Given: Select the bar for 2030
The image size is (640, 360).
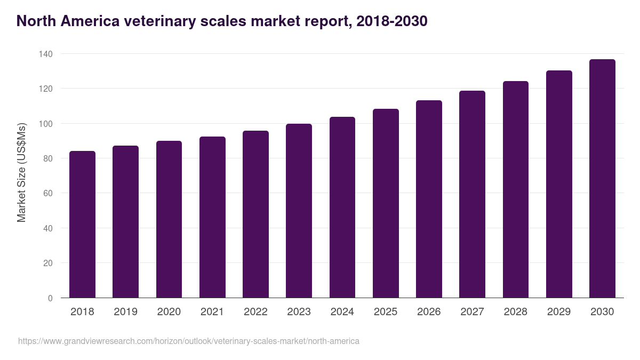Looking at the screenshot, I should (602, 179).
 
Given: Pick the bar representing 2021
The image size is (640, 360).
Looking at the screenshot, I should (212, 217).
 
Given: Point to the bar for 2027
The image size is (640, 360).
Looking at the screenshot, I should (472, 194).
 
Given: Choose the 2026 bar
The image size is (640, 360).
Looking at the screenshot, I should (429, 199).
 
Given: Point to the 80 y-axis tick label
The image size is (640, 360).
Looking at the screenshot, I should (47, 158).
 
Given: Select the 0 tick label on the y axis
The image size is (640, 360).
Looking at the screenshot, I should (50, 298).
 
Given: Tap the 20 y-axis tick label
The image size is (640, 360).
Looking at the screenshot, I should (47, 263).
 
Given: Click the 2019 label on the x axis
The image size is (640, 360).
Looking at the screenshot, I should (125, 312).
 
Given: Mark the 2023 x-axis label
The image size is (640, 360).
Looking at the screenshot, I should (299, 312).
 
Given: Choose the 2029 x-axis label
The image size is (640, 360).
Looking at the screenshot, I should (559, 312).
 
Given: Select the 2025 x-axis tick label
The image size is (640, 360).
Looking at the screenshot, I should (386, 312).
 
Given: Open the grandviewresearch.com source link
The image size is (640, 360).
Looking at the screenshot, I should (189, 341).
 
